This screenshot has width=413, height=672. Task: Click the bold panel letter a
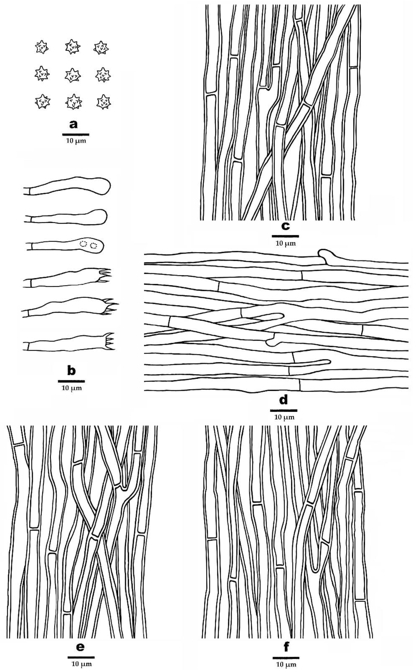73,125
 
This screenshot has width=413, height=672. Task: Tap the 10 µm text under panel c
286,243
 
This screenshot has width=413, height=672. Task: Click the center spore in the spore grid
73,75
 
